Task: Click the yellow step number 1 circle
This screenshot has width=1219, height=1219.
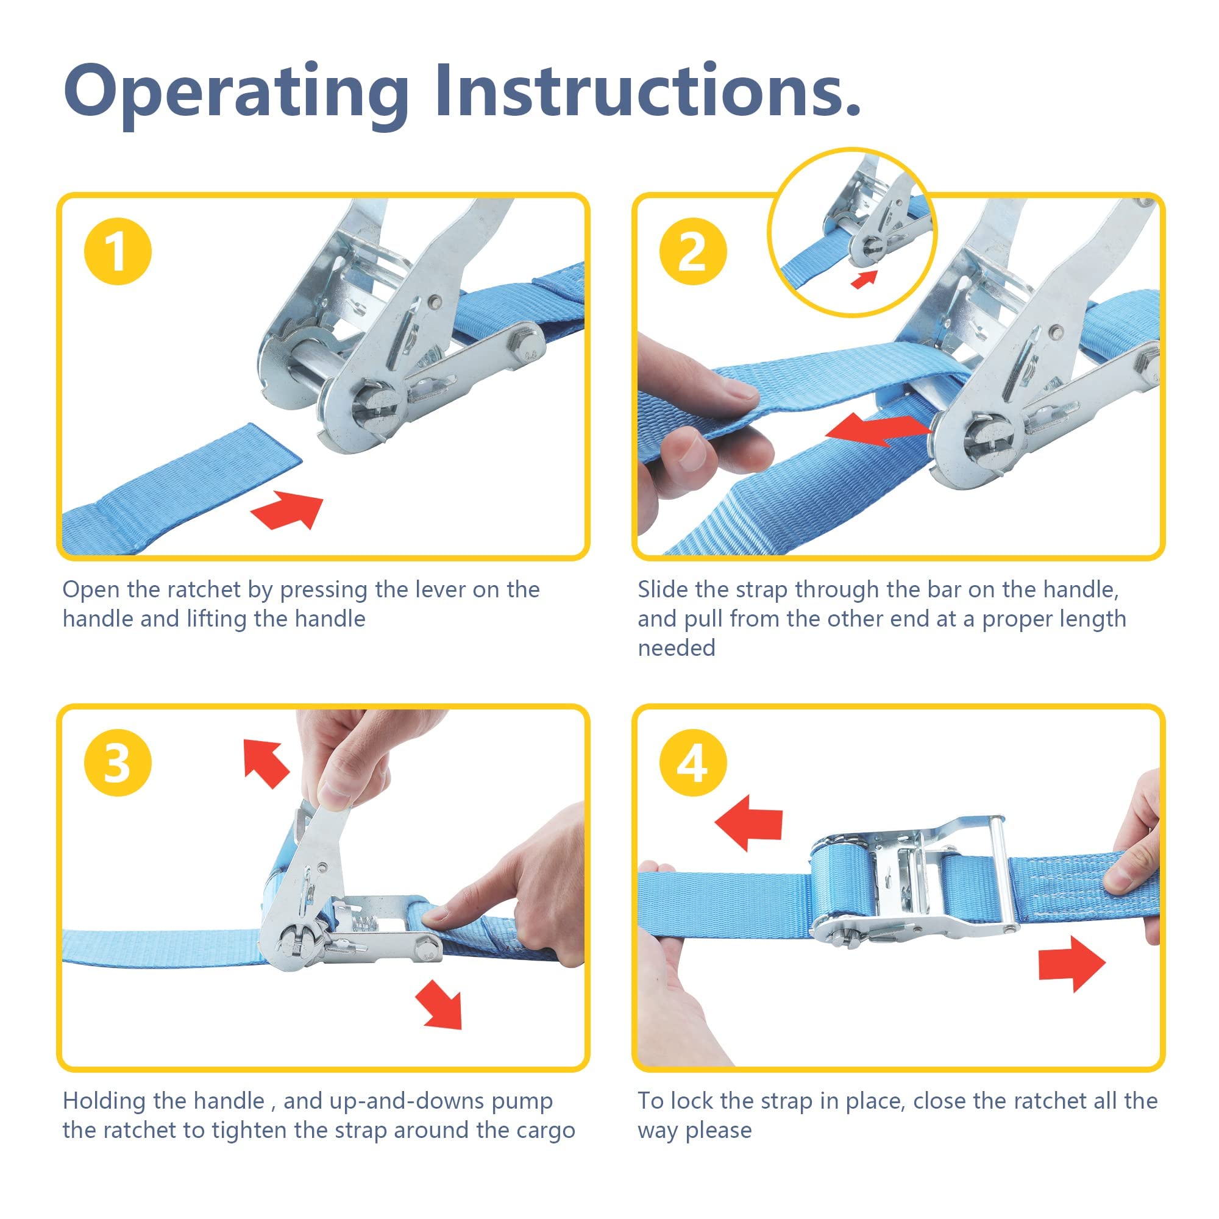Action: pos(118,251)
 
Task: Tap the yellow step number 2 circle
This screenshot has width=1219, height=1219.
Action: pos(694,251)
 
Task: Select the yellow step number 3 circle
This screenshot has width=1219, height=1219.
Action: pos(118,762)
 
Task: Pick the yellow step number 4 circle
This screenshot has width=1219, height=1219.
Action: pos(694,762)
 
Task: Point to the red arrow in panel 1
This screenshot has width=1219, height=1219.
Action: pos(288,510)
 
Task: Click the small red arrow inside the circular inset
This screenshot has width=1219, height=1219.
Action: pos(864,279)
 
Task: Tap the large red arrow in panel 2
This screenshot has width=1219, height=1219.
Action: pos(879,430)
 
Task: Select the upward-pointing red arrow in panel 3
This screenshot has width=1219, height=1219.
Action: pos(266,763)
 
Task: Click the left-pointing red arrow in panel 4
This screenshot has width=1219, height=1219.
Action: pos(748,822)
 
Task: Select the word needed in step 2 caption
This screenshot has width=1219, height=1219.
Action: pos(677,647)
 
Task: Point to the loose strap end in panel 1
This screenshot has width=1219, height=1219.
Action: pos(183,489)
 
